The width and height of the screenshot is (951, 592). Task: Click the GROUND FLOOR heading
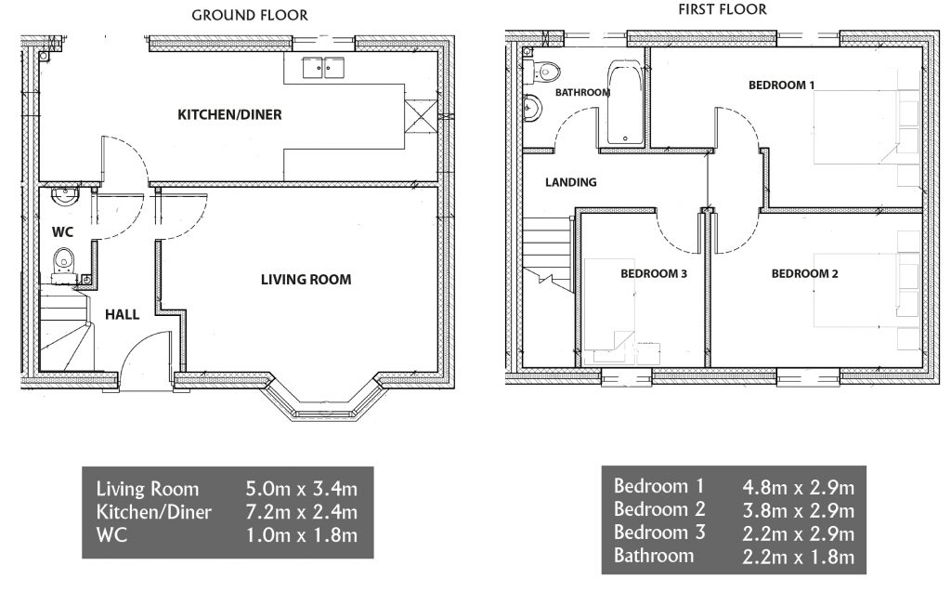point(249,15)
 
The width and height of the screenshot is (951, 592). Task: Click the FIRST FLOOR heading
point(723,9)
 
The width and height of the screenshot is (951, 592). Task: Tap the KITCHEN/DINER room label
point(229,114)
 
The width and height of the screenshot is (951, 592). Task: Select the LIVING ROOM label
point(306,280)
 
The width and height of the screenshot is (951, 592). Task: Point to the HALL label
point(122,314)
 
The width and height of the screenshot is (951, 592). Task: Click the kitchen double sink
point(323,68)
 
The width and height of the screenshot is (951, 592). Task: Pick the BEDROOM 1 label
point(781,85)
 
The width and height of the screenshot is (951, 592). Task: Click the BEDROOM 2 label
point(804,274)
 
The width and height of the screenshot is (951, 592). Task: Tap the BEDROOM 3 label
point(653,274)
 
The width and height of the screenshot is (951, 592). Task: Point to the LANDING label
point(571,182)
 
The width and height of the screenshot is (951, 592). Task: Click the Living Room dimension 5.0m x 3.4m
point(302,489)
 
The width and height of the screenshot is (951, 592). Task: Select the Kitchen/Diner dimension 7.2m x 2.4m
point(302,512)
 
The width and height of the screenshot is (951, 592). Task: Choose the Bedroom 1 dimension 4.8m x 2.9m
point(798,486)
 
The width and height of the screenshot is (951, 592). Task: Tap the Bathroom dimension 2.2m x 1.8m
point(798,556)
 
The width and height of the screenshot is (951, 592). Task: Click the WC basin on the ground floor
point(65,196)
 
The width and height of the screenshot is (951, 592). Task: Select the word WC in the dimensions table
point(111,535)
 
